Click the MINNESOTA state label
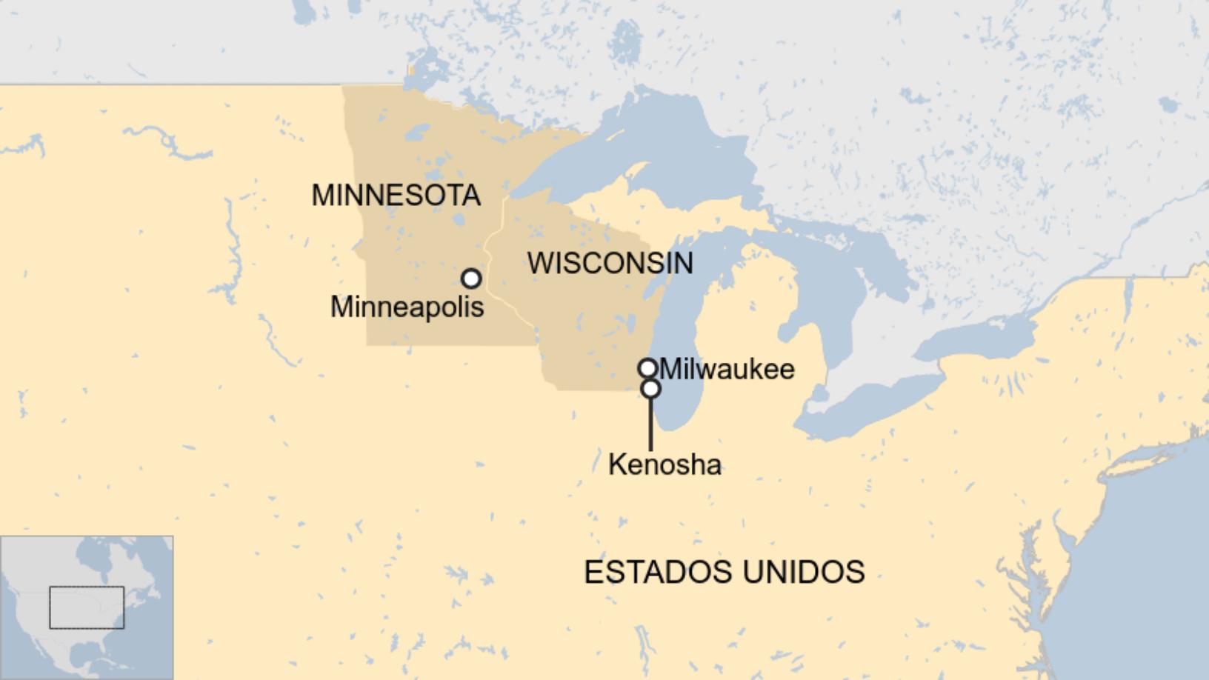coord(396,196)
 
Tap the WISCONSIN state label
coord(610,263)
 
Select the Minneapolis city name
coord(407,307)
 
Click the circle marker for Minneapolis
coord(471,279)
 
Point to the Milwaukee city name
coord(727,369)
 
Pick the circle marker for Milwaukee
coord(647,367)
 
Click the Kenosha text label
coord(665,464)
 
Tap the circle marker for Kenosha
coord(650,388)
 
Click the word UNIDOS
coord(803,572)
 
